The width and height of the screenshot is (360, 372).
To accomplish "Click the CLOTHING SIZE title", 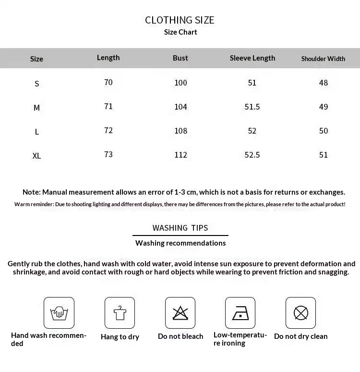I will (180, 20).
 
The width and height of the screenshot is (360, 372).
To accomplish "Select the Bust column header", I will (180, 58).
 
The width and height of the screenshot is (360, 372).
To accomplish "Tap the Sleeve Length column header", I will (252, 58).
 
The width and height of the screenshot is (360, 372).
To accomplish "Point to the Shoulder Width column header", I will (323, 59).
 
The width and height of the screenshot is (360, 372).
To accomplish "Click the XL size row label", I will (36, 156).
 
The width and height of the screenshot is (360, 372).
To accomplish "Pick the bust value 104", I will (180, 107).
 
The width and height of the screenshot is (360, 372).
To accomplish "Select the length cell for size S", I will (108, 83).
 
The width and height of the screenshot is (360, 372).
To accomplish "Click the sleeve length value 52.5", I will (252, 155).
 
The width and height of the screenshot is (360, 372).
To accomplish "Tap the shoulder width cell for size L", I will (324, 131).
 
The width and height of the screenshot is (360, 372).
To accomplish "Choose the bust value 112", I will (180, 155).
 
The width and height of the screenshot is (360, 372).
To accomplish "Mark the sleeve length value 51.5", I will (252, 107).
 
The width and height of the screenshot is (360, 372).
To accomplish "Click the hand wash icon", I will (59, 313).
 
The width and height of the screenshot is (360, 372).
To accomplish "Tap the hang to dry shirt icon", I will (120, 313).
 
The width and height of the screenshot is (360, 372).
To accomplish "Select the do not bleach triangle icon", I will (180, 313).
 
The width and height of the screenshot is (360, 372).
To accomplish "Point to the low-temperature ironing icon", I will (240, 313).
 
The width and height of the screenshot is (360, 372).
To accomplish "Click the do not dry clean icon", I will (300, 313).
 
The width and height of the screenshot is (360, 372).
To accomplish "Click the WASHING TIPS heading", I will (180, 228).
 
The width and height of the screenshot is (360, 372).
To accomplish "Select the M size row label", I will (36, 108).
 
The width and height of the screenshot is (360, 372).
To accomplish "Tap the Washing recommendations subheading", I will (180, 243).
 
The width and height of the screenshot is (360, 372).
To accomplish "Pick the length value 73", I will (108, 155).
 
